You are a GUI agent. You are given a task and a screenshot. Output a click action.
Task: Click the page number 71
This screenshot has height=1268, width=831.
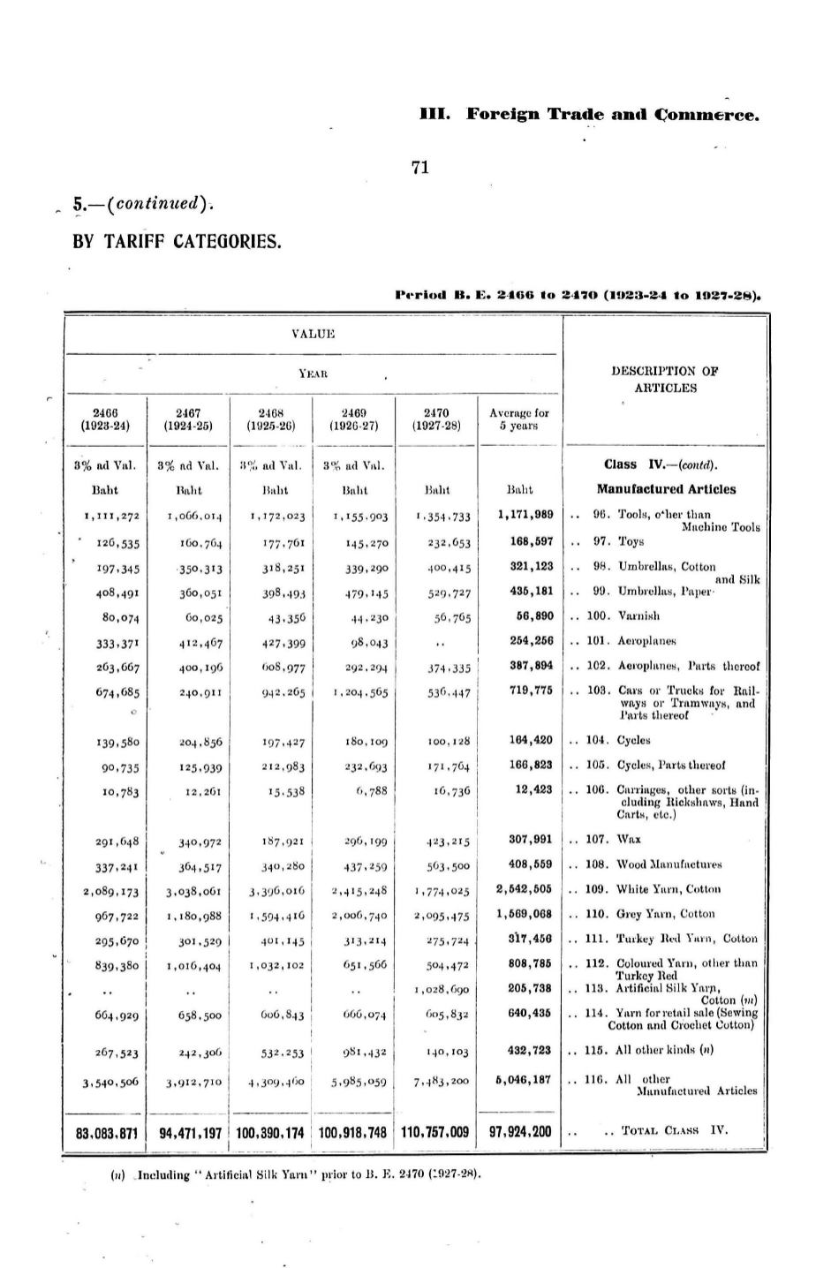pos(420,168)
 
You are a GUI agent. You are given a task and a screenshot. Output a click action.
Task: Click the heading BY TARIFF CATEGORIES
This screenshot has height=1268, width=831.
pos(177,240)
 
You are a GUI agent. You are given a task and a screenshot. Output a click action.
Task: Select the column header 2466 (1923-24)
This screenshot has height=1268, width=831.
pos(106,419)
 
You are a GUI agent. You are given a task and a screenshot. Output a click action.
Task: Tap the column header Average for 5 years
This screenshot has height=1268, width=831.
pos(518,419)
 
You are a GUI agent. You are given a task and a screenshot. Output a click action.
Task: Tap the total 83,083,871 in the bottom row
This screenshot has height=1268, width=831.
pos(106,1132)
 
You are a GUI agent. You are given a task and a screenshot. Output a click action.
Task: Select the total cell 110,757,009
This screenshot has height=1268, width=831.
pos(435,1132)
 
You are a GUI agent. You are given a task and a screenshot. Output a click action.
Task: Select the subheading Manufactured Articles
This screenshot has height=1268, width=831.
pos(665,489)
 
